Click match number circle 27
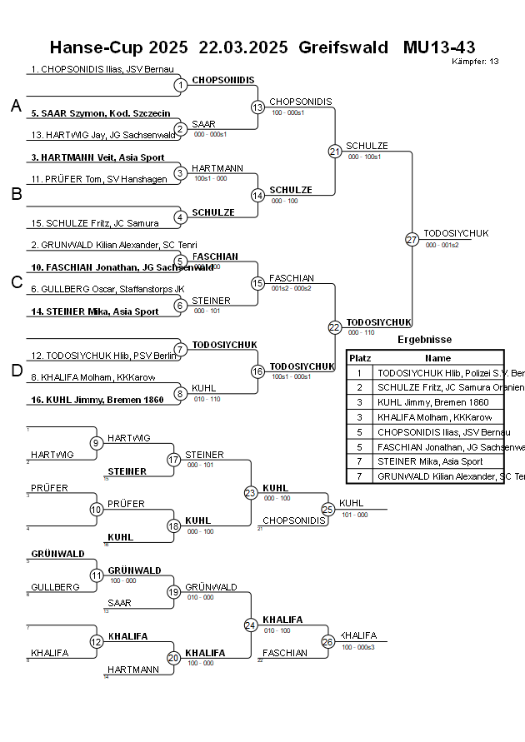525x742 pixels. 412,240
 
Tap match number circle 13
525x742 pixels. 257,107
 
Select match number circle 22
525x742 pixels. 335,328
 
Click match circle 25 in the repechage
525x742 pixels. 327,509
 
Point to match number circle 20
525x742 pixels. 173,658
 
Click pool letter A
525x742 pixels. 16,106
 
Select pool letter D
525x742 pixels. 16,371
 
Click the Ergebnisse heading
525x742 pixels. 424,340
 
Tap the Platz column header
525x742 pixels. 360,357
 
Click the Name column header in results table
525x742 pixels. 437,357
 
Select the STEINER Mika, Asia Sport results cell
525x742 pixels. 430,461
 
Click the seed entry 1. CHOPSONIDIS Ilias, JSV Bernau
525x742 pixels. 102,69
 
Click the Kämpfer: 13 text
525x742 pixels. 475,61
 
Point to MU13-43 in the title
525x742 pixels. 439,47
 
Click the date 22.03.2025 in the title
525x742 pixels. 243,47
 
